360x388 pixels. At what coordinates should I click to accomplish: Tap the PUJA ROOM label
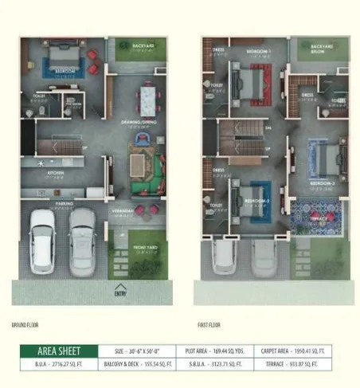coord(73,104)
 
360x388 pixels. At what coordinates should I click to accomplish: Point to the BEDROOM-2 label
coord(256,201)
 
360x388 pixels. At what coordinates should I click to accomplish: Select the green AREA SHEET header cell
coord(59,350)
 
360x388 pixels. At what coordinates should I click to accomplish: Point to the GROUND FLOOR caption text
coord(26,324)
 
